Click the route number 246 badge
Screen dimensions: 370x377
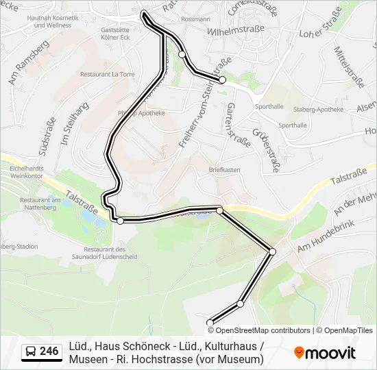[x=41, y=351]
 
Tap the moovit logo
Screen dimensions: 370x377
[x=325, y=353]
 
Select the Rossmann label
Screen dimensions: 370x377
[x=196, y=19]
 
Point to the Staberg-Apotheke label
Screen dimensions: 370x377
[x=317, y=109]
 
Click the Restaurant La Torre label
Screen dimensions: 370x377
[x=107, y=74]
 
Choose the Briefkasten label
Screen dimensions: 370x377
[x=224, y=169]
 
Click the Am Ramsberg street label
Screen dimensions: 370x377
[x=28, y=62]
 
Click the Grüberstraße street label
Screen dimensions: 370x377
[x=265, y=151]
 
